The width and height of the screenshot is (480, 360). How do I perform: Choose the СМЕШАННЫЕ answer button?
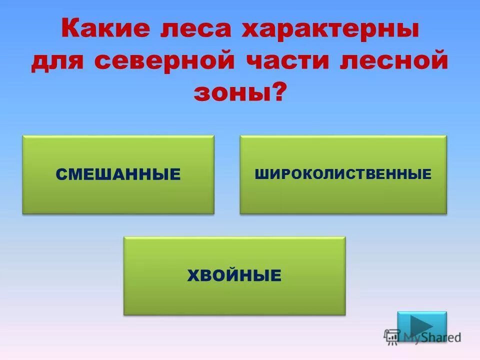coord(118,174)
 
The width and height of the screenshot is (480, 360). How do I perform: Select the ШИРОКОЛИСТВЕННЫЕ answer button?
coord(343,174)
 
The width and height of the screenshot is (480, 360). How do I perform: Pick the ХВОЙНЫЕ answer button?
coord(234,275)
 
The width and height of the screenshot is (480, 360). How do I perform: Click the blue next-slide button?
coord(421,326)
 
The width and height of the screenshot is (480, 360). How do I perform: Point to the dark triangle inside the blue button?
coord(421,326)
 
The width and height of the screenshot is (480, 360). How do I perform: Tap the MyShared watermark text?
coord(432,337)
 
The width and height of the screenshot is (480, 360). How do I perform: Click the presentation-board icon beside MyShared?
coord(392,337)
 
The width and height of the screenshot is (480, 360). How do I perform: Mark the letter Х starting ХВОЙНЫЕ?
coord(192,275)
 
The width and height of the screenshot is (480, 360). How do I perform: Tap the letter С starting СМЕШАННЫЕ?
coord(61,174)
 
